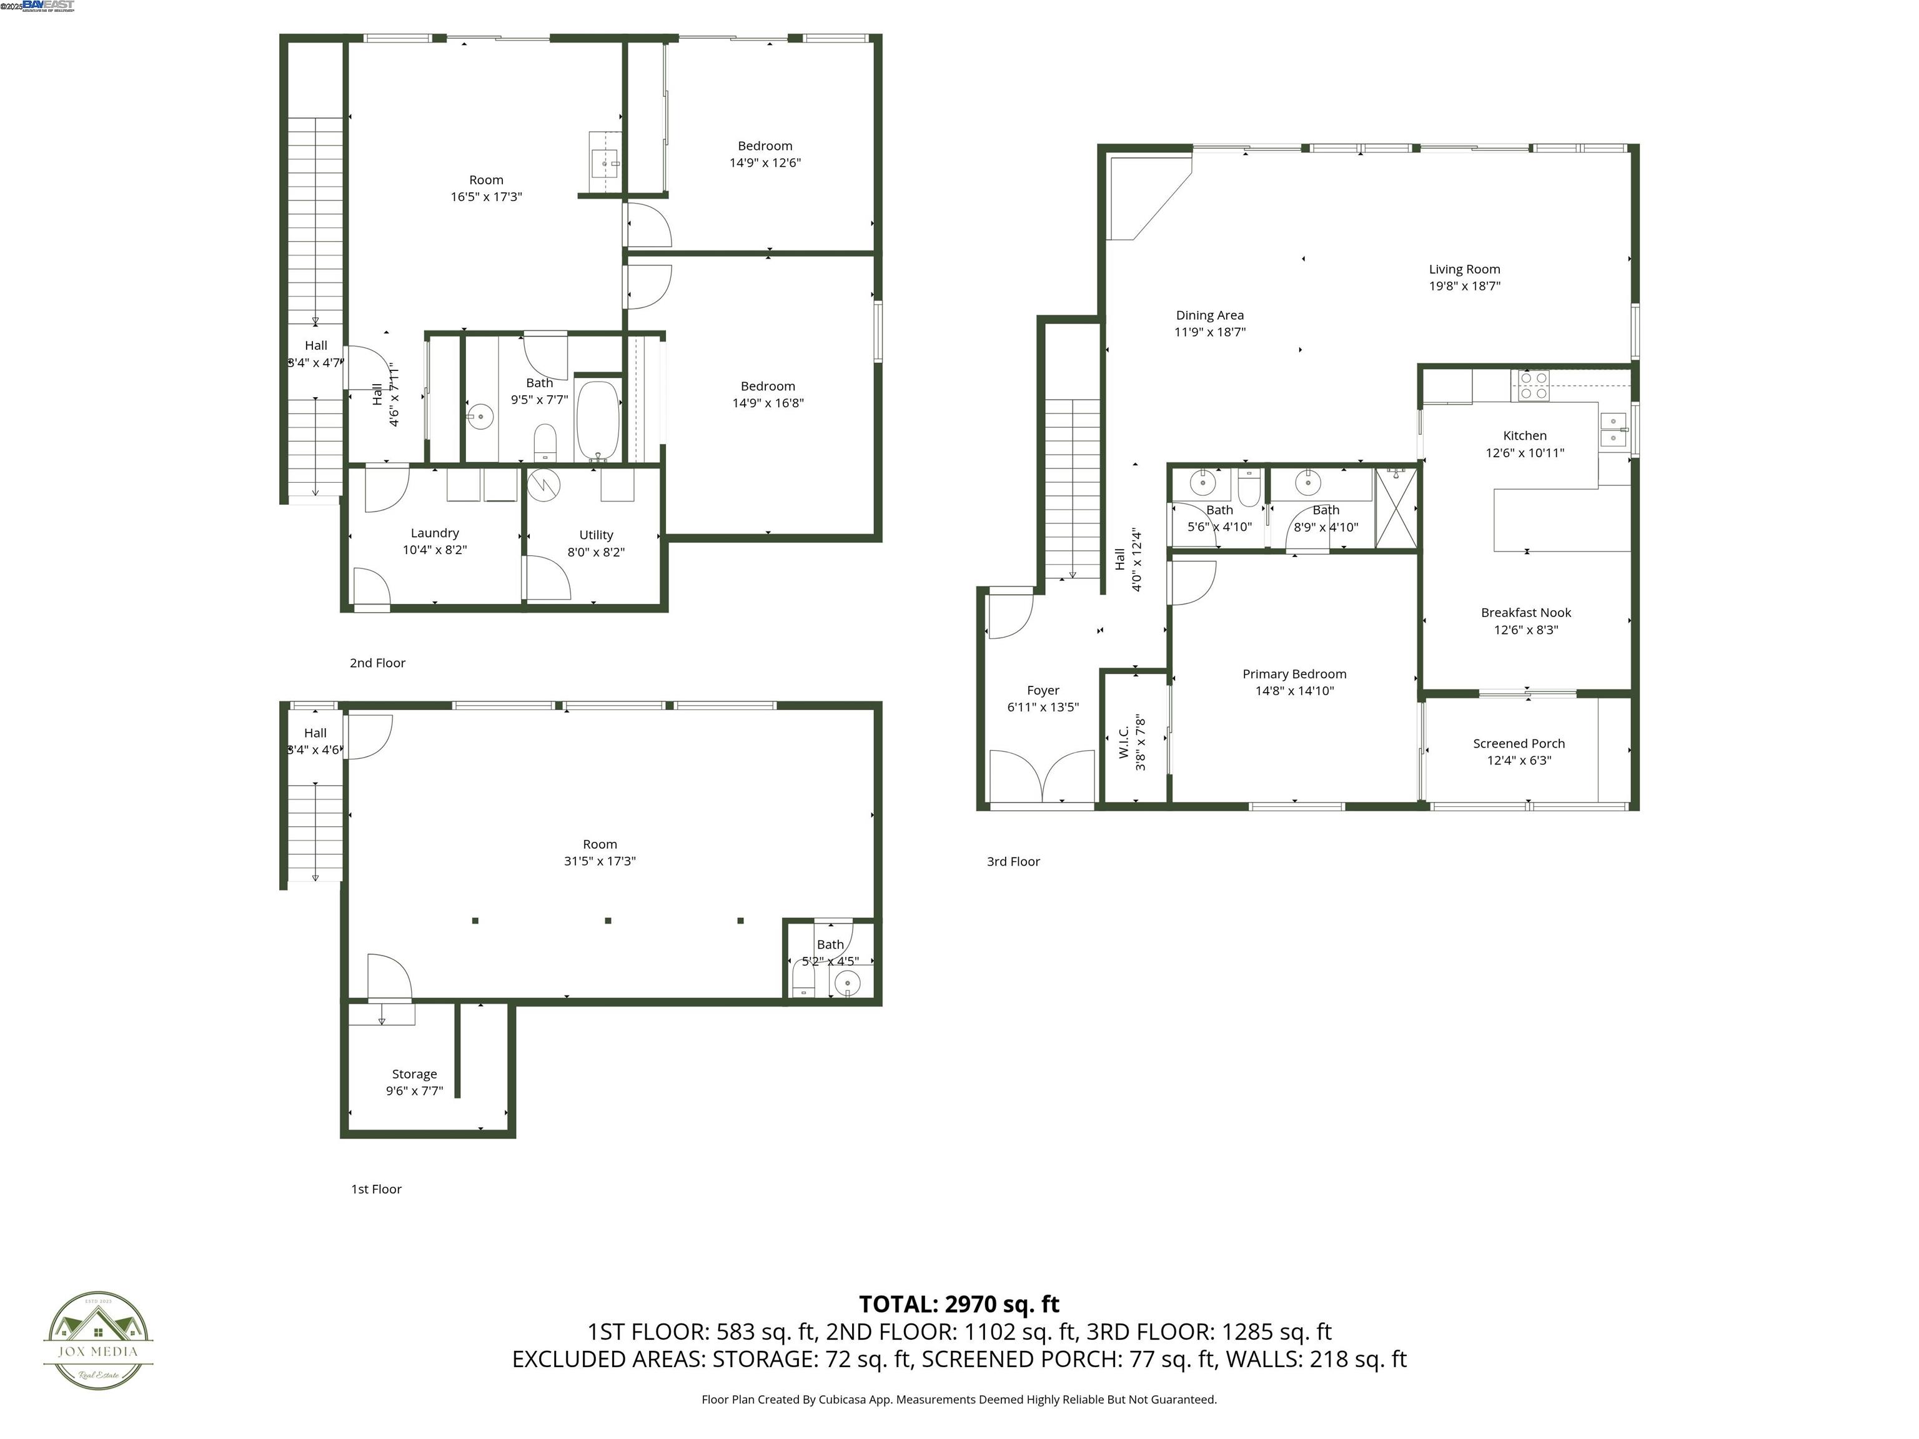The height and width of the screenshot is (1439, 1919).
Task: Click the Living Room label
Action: [x=1464, y=270]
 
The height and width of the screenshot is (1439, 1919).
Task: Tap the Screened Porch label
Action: [x=1518, y=743]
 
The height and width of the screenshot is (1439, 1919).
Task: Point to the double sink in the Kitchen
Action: [x=1613, y=429]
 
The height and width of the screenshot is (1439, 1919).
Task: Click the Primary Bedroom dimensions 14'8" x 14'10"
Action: [x=1294, y=691]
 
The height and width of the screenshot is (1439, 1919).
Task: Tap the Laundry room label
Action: [x=435, y=533]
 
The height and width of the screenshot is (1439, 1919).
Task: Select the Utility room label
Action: [x=596, y=535]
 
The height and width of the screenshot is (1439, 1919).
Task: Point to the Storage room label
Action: [x=414, y=1074]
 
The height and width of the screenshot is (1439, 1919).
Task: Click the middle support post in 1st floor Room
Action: [x=608, y=921]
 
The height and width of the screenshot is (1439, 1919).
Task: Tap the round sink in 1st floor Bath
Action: [x=846, y=984]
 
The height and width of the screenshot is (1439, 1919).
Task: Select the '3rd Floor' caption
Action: [x=1013, y=861]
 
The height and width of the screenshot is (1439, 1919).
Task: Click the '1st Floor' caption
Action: [x=375, y=1189]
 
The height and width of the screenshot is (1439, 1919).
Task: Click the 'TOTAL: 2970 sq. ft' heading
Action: [x=959, y=1303]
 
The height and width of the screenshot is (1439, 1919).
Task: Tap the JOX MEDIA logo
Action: [x=98, y=1340]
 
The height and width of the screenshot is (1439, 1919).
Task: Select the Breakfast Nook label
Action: [x=1525, y=612]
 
